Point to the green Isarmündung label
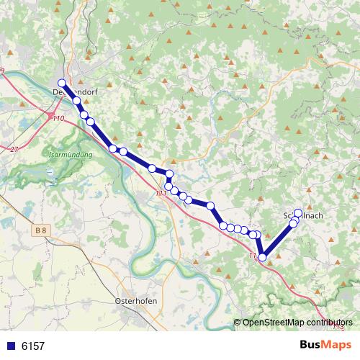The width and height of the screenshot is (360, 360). (69, 155)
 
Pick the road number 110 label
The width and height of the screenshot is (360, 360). (58, 118)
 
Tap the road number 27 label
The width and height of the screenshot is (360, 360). (14, 149)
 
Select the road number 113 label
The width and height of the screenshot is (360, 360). (338, 328)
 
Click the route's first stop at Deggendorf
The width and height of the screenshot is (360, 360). (62, 83)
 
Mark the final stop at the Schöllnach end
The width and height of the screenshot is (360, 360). (298, 212)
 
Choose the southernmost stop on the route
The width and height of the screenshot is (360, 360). (263, 257)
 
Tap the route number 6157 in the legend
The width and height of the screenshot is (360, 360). (33, 346)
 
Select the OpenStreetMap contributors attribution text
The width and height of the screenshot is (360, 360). (297, 323)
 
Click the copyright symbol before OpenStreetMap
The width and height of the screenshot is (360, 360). (238, 323)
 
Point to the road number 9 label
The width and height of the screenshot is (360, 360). (2, 70)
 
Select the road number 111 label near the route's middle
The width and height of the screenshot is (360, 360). (161, 193)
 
